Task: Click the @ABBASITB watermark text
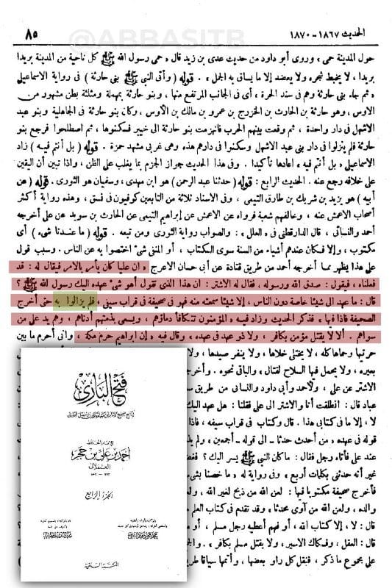click(x=196, y=12)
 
